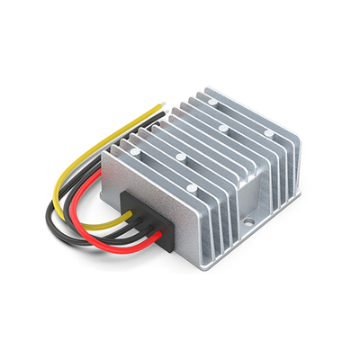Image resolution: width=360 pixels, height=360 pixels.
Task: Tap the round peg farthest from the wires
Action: coord(268,133)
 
